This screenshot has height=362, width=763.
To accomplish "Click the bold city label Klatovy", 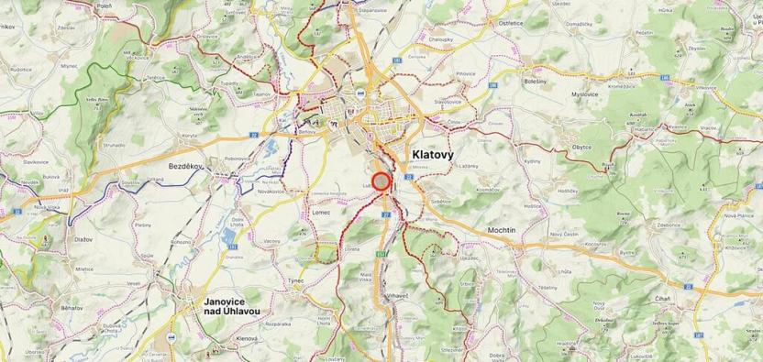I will (x=440, y=156).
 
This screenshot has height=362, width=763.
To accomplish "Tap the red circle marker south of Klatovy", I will (x=382, y=181).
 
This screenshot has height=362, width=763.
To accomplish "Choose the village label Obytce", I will (x=581, y=146).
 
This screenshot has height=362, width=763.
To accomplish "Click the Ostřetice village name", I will (x=511, y=23).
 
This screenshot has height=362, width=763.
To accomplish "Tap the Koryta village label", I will (x=189, y=136).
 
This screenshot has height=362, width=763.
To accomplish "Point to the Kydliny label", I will (x=534, y=161).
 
